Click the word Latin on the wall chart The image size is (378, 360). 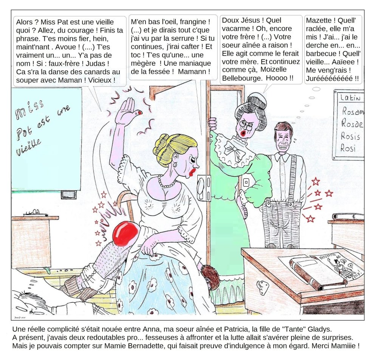(350, 97)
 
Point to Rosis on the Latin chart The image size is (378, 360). (350, 136)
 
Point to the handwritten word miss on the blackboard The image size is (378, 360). (29, 110)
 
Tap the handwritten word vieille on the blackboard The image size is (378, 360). (28, 147)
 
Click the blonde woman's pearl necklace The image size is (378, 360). (166, 182)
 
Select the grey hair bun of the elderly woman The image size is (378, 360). (257, 101)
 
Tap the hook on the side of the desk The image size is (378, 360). (263, 288)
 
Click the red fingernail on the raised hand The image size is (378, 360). (139, 113)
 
